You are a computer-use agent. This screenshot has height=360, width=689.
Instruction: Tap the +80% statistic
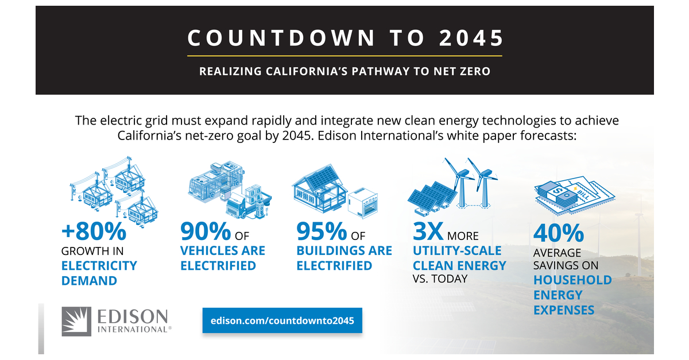click(x=94, y=232)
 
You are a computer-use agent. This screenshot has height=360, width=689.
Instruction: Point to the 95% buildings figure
click(x=320, y=232)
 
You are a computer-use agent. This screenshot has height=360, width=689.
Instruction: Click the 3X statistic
click(x=428, y=232)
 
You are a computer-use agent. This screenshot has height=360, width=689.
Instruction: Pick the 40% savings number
click(x=558, y=234)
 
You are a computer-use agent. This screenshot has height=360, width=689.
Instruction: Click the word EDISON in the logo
click(x=134, y=316)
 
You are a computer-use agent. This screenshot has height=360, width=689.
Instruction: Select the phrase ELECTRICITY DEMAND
click(x=99, y=273)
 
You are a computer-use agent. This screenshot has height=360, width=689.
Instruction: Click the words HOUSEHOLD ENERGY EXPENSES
click(x=572, y=295)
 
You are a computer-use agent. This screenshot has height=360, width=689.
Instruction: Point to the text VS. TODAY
click(x=440, y=279)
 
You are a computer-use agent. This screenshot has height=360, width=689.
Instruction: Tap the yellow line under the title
click(x=344, y=56)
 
